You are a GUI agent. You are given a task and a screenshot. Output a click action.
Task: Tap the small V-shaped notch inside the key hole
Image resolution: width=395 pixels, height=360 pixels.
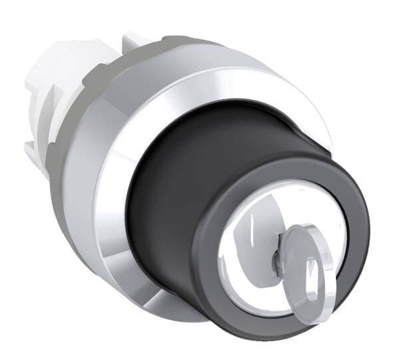point(308,271)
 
